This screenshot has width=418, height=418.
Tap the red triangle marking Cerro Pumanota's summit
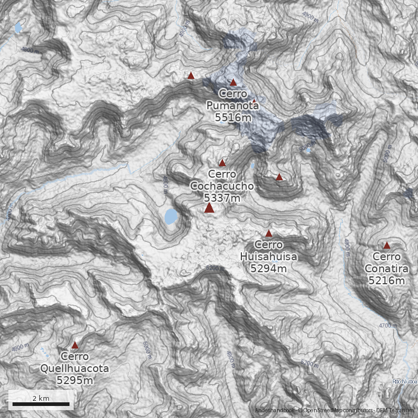coord(233,82)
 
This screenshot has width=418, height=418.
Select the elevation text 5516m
coord(233,118)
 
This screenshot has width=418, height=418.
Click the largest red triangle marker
coord(210,208)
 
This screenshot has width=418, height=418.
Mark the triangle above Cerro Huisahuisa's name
coord(269,233)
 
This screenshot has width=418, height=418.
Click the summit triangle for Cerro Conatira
coord(387,245)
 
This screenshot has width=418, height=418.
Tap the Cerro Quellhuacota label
coord(75,363)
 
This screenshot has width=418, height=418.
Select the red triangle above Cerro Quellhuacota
coord(75,345)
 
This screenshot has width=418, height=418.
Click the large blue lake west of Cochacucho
coord(171,216)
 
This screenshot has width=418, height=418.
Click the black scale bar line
coord(41,404)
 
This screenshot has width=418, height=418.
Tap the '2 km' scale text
coord(41,398)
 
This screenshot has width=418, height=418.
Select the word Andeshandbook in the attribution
coord(275,411)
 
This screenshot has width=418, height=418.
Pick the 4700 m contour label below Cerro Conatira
coord(387,326)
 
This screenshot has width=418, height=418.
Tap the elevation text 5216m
coord(387,281)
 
